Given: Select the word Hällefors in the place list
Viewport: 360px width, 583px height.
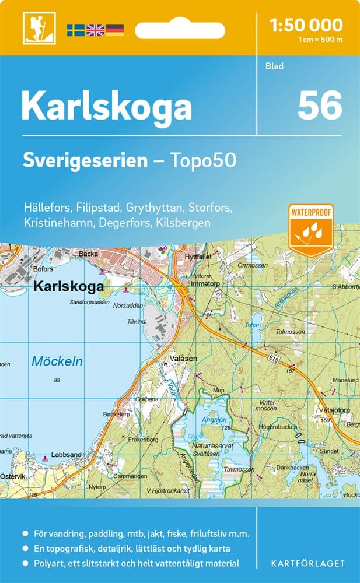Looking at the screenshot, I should [48, 208].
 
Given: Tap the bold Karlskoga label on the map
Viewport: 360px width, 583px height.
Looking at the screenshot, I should [68, 287].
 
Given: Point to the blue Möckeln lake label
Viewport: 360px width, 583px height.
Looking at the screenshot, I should [57, 361].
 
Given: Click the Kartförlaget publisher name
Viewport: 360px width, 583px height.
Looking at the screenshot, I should [308, 563].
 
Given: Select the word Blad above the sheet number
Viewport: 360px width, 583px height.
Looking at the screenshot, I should [274, 66].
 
